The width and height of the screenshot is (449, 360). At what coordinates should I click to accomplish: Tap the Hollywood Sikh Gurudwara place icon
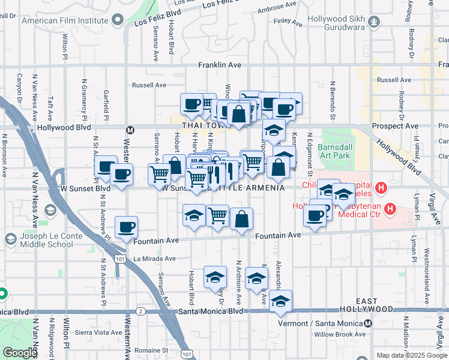pos(375,22)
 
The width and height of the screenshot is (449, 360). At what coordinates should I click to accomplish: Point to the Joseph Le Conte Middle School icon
pos(10,239)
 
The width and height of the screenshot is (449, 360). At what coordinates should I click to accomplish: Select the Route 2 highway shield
pos(140,311)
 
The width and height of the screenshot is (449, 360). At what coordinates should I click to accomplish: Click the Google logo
pos(19,353)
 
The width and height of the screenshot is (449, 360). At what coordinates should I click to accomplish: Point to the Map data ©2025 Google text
pos(412,355)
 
